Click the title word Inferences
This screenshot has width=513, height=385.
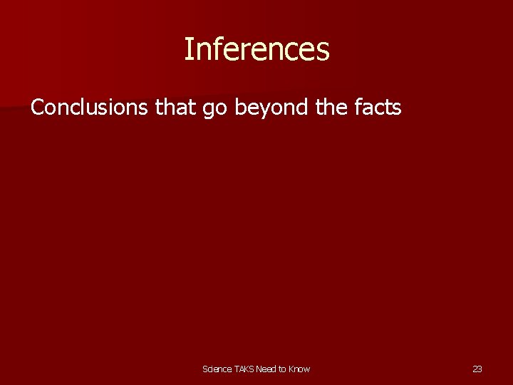[256, 49]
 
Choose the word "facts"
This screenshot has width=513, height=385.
[378, 108]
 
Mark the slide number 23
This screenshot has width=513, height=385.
[477, 369]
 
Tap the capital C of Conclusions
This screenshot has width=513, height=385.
[37, 108]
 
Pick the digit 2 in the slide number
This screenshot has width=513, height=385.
[475, 369]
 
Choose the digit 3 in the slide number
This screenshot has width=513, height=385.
[480, 369]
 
